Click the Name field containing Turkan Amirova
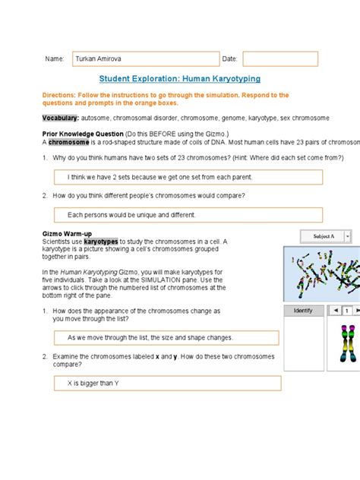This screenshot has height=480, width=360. point(146,58)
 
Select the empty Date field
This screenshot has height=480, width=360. point(280,58)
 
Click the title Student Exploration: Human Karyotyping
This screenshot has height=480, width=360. point(180,79)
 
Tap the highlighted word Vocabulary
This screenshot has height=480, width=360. point(60,118)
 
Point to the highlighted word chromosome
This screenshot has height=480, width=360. point(68,142)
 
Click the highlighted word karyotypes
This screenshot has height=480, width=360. point(101,242)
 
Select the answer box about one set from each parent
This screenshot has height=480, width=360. point(188,177)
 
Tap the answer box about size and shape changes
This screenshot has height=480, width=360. point(166,338)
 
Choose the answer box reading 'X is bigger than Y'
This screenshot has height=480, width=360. point(167,384)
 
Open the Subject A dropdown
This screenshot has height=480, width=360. point(347,236)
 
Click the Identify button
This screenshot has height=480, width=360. point(303,311)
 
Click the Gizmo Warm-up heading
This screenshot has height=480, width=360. point(67,234)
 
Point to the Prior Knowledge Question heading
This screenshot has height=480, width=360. point(83,134)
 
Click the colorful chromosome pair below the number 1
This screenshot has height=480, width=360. point(348,343)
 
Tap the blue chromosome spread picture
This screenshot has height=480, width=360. point(322,274)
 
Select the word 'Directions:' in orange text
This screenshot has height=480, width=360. point(58,95)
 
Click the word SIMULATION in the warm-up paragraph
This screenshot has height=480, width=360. point(160,279)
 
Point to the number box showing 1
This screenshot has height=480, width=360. point(347,311)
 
